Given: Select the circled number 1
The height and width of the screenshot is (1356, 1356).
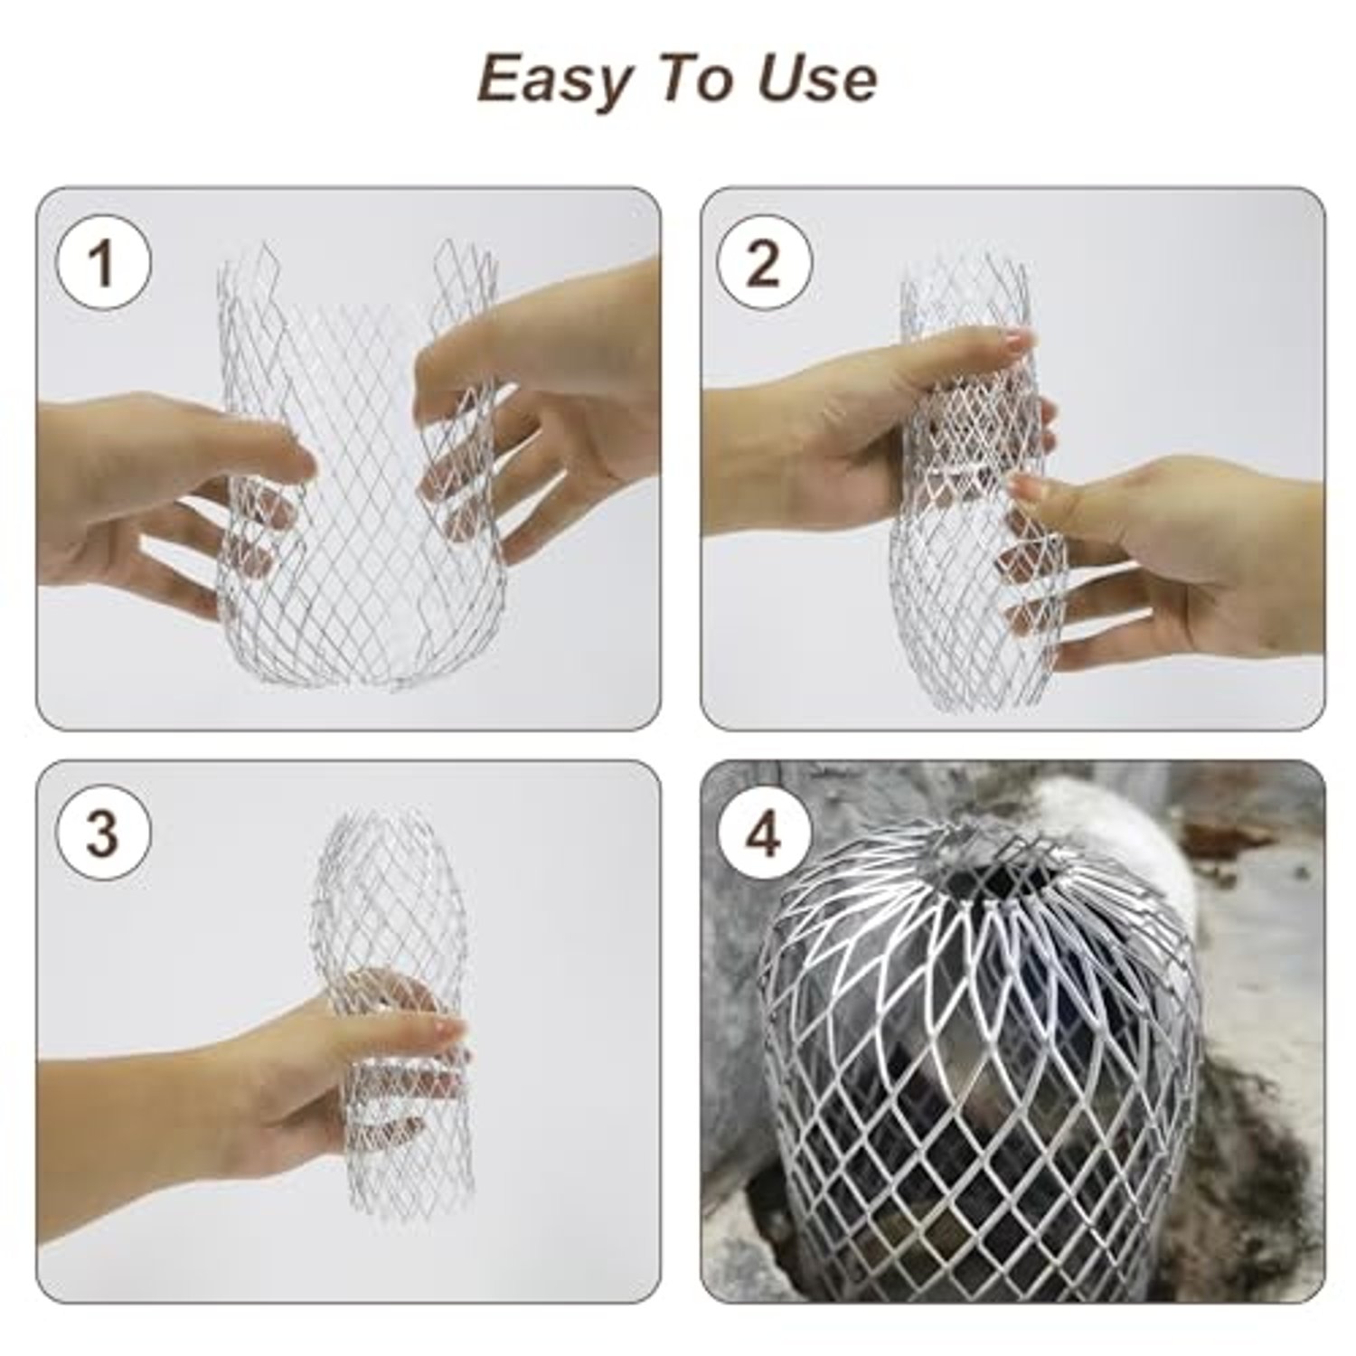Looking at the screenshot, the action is [103, 265].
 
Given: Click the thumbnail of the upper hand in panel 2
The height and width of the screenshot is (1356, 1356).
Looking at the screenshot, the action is [1017, 342].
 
